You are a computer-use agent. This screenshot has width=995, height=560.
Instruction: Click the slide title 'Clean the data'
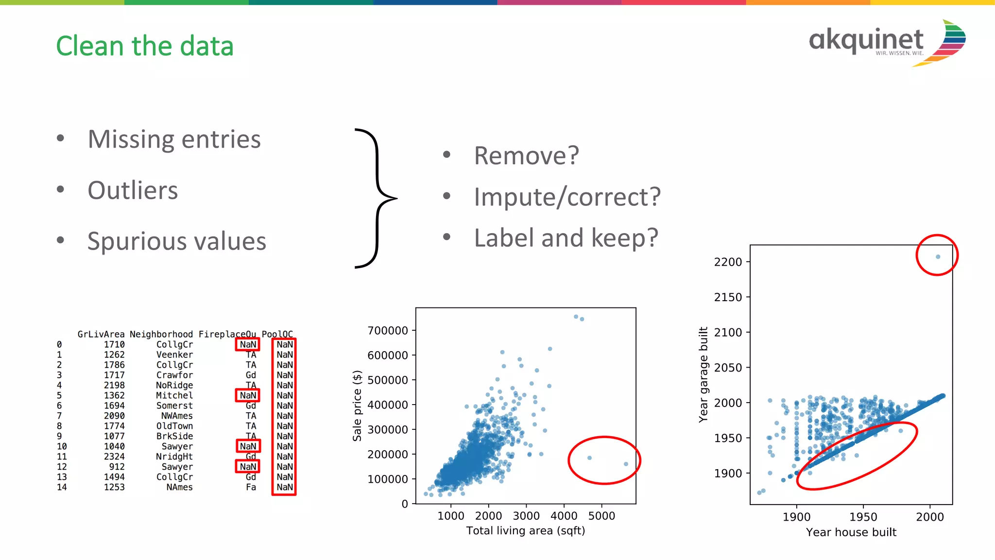[x=145, y=46]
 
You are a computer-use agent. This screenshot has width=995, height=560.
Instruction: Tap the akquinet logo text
[x=866, y=40]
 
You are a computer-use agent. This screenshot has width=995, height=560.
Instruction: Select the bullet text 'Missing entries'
[x=174, y=139]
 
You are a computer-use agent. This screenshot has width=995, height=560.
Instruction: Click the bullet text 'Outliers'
[x=133, y=190]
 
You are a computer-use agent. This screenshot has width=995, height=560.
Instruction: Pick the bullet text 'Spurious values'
[x=176, y=241]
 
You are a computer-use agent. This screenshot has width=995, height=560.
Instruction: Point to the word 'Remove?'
[x=526, y=155]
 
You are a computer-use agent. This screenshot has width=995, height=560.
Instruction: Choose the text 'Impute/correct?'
[x=567, y=197]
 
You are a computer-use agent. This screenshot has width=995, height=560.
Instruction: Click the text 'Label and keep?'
[x=566, y=238]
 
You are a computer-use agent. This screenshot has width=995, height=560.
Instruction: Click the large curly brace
[x=377, y=198]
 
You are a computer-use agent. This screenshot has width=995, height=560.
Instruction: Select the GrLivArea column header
[x=101, y=334]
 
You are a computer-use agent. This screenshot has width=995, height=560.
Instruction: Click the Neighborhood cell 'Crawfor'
[x=174, y=375]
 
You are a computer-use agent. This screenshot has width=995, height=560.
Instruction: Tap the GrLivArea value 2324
[x=114, y=457]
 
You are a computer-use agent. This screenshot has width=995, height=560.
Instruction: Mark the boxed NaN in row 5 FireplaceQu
[x=248, y=395]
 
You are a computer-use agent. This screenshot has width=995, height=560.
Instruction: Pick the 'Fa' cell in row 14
[x=251, y=487]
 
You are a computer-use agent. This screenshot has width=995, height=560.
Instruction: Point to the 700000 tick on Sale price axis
[x=388, y=331]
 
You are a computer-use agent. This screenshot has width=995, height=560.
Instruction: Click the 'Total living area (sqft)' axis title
[x=526, y=531]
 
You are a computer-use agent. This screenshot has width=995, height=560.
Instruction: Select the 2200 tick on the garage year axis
[x=728, y=262]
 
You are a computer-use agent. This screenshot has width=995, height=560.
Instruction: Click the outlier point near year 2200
[x=938, y=256]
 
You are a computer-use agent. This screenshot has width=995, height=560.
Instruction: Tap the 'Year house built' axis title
[x=851, y=532]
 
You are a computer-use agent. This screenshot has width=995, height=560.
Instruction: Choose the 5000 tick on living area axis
[x=601, y=516]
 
